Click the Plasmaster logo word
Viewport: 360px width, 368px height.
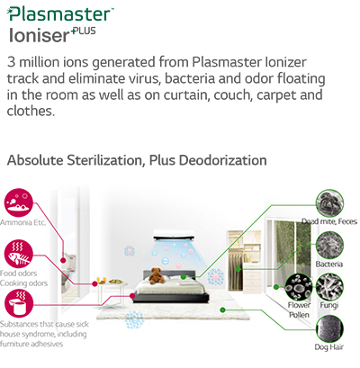pos(60,14)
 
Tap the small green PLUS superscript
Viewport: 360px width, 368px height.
pos(84,31)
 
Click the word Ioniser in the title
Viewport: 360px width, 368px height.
pos(39,35)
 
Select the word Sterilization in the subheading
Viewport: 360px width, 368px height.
pos(104,160)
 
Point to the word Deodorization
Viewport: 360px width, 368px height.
pos(223,160)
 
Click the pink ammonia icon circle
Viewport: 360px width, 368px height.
pos(18,202)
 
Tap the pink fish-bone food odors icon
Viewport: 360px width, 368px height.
pos(18,254)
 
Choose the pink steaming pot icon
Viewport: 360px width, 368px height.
pos(19,303)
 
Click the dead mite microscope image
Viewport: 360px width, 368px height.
pos(330,203)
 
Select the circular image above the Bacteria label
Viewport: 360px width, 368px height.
pos(329,246)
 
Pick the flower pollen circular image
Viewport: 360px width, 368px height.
pos(299,287)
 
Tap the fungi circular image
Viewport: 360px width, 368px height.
pos(329,287)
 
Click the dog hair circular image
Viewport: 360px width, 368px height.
pos(329,329)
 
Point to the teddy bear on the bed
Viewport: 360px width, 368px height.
pos(156,276)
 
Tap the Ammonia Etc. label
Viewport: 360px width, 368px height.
pos(22,222)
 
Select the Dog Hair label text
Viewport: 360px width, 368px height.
pos(329,347)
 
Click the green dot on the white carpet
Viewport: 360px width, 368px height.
pos(222,310)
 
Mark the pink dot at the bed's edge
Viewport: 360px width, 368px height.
pos(132,296)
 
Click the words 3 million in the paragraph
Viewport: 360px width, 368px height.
pos(33,62)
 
